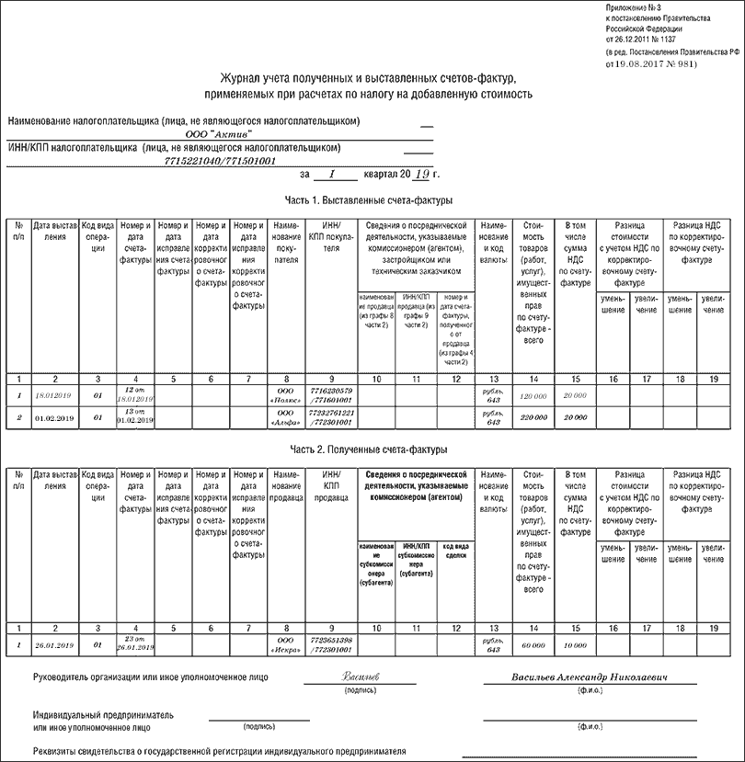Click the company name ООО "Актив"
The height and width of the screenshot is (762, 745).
pyautogui.click(x=218, y=134)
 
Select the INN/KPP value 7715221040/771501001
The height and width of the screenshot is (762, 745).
pyautogui.click(x=219, y=161)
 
